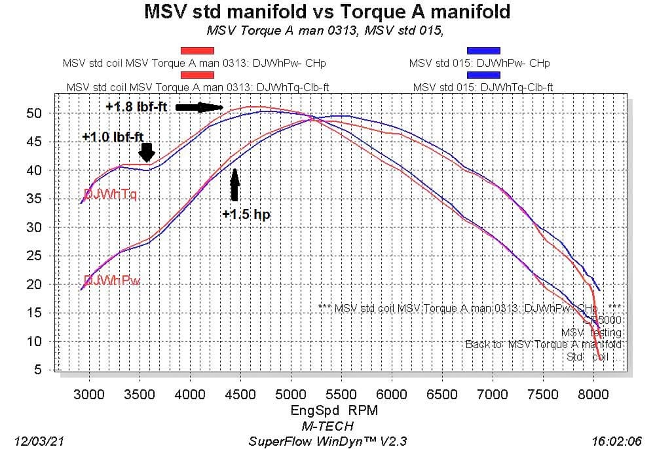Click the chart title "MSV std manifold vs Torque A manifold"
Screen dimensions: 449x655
click(327, 12)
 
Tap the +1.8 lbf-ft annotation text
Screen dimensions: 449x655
click(137, 106)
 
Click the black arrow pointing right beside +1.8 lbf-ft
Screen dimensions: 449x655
click(200, 107)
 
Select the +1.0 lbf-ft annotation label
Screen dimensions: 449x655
click(113, 137)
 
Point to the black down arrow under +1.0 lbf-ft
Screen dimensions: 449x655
click(147, 152)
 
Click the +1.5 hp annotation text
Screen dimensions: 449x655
click(246, 214)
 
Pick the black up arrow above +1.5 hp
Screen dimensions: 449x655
click(234, 184)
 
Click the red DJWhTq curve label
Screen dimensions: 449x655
click(110, 194)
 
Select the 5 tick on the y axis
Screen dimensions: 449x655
click(39, 370)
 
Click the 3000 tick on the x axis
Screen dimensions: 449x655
click(89, 394)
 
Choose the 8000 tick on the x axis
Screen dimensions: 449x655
click(593, 394)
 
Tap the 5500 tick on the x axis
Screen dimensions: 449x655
click(341, 394)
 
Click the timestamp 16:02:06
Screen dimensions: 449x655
click(616, 441)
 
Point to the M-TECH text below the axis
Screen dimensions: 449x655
click(327, 425)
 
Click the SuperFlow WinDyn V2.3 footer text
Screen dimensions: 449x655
click(327, 441)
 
